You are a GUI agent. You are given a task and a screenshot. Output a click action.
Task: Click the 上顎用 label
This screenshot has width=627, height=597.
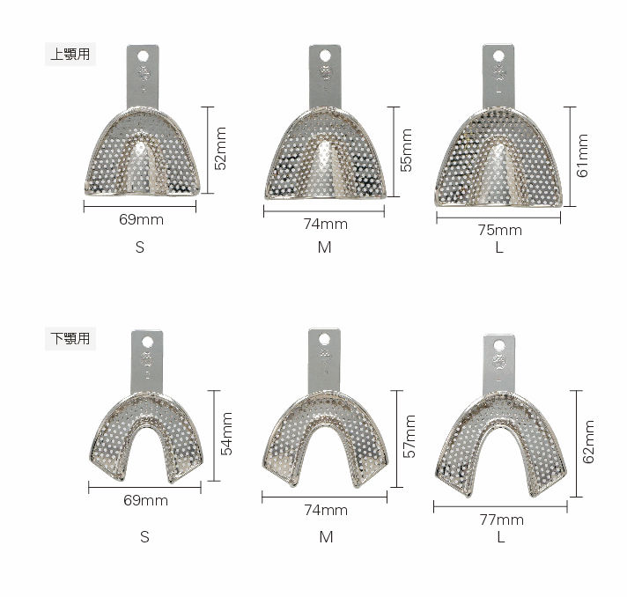pos(70,54)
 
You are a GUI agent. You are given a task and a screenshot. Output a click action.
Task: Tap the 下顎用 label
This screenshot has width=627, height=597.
pos(70,338)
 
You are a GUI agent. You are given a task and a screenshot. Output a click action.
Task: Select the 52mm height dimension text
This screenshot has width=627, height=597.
pos(220,148)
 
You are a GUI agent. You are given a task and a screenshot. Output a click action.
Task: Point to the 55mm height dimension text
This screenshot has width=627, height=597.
pos(406,150)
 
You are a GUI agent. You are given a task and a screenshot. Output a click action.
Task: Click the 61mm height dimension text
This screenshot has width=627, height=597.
pos(582,156)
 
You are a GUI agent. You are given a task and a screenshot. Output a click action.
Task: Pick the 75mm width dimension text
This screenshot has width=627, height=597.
pos(500,231)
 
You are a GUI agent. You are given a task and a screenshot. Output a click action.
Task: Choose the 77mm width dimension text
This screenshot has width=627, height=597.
pos(501,520)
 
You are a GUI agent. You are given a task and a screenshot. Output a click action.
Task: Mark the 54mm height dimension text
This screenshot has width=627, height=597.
pos(226,434)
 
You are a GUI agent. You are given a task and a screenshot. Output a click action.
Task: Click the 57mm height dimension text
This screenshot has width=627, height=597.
pos(409,436)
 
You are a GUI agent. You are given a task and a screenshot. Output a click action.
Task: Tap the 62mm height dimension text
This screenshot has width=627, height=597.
pos(588,442)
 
